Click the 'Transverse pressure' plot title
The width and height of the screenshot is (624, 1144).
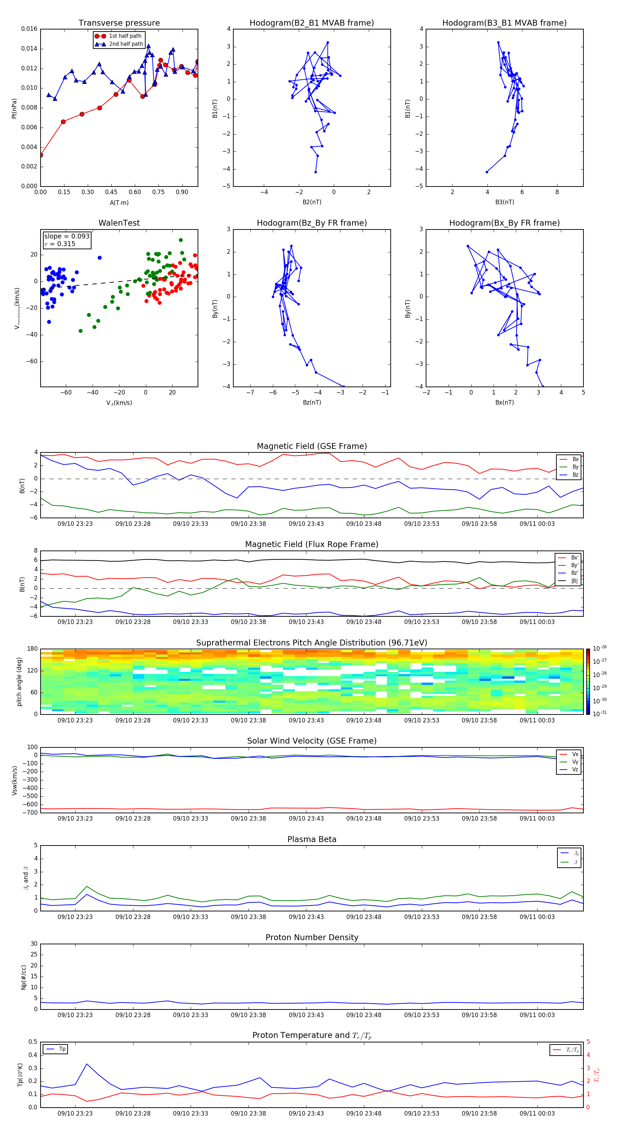tap(119, 23)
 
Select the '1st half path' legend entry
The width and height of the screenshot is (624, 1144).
tap(125, 36)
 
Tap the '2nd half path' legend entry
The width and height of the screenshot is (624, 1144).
tap(126, 44)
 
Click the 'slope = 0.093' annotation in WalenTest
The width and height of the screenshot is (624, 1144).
tap(67, 236)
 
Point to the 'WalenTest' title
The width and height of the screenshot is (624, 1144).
tap(119, 223)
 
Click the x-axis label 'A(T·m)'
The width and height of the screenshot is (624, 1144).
tap(119, 202)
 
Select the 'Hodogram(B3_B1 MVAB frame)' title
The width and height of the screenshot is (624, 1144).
tap(504, 23)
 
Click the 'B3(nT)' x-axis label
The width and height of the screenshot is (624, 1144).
tap(504, 202)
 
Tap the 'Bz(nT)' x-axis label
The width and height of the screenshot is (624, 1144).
tap(312, 402)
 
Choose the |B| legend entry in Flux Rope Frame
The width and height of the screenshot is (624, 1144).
tap(574, 581)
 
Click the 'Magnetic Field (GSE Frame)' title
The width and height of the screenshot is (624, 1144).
tap(312, 446)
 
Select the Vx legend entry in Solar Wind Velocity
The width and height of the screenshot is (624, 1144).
tap(575, 754)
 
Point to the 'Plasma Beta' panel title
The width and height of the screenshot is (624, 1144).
tap(312, 839)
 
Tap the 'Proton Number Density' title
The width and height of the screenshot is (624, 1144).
tap(312, 937)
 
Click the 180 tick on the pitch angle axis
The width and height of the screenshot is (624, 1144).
tap(33, 649)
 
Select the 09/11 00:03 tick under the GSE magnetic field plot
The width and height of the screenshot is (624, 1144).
tap(537, 523)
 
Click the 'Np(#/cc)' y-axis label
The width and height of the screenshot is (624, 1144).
tap(24, 977)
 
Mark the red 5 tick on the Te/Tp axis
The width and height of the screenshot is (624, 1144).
tap(588, 1042)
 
